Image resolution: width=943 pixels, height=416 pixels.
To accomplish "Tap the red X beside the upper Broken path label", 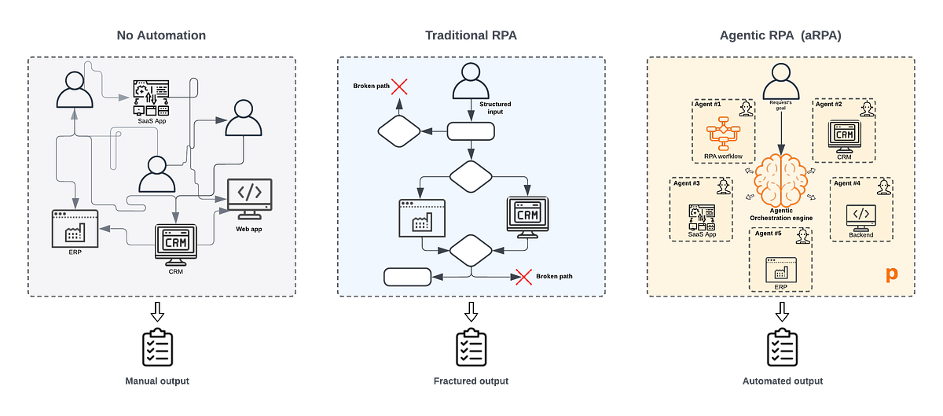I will click(x=399, y=87).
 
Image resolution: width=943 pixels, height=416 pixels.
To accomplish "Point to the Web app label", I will click(x=248, y=228).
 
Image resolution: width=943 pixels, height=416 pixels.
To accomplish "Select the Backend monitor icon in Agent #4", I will click(x=860, y=215).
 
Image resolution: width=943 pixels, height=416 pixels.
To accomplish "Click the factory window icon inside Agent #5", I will click(x=780, y=269).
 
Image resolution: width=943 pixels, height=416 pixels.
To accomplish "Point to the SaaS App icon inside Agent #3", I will click(x=701, y=215).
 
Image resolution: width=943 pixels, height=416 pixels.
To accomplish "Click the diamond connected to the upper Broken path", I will click(x=400, y=131).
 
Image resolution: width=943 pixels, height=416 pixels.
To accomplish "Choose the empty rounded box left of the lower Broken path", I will click(x=408, y=277).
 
